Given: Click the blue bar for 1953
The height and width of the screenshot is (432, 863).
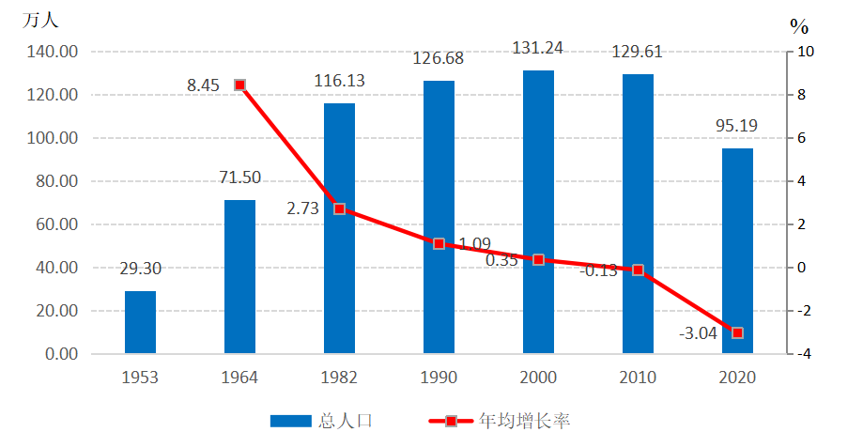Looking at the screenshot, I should click(x=140, y=322).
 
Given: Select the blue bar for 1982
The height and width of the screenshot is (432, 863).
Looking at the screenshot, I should click(x=339, y=228).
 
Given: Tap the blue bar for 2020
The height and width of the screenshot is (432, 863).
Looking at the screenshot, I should click(x=737, y=251).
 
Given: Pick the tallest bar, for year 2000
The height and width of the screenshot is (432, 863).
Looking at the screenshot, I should click(x=538, y=212).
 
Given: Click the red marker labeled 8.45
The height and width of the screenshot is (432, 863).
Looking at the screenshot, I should click(x=239, y=85).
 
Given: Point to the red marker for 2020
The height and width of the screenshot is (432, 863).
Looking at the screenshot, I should click(x=737, y=333).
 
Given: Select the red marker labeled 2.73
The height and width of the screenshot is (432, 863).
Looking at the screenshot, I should click(x=339, y=208).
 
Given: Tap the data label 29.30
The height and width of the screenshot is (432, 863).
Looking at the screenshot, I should click(x=140, y=270).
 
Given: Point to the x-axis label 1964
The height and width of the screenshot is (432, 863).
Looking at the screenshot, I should click(x=239, y=378).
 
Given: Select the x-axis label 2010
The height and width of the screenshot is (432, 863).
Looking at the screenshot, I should click(x=638, y=378).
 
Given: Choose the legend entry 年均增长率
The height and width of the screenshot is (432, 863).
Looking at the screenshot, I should click(x=498, y=421).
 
